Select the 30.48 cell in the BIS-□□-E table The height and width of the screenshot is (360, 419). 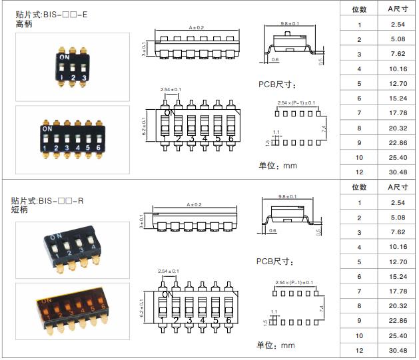pyautogui.click(x=398, y=172)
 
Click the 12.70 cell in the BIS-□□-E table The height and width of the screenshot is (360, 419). pyautogui.click(x=398, y=84)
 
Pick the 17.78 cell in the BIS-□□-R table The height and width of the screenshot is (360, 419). pyautogui.click(x=398, y=291)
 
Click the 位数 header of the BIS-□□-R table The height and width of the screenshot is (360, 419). pyautogui.click(x=359, y=188)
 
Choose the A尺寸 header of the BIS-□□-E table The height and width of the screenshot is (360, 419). pyautogui.click(x=398, y=9)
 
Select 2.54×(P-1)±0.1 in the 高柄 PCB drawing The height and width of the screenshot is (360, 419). pyautogui.click(x=295, y=103)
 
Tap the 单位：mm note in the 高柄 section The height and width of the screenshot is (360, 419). pyautogui.click(x=276, y=165)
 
